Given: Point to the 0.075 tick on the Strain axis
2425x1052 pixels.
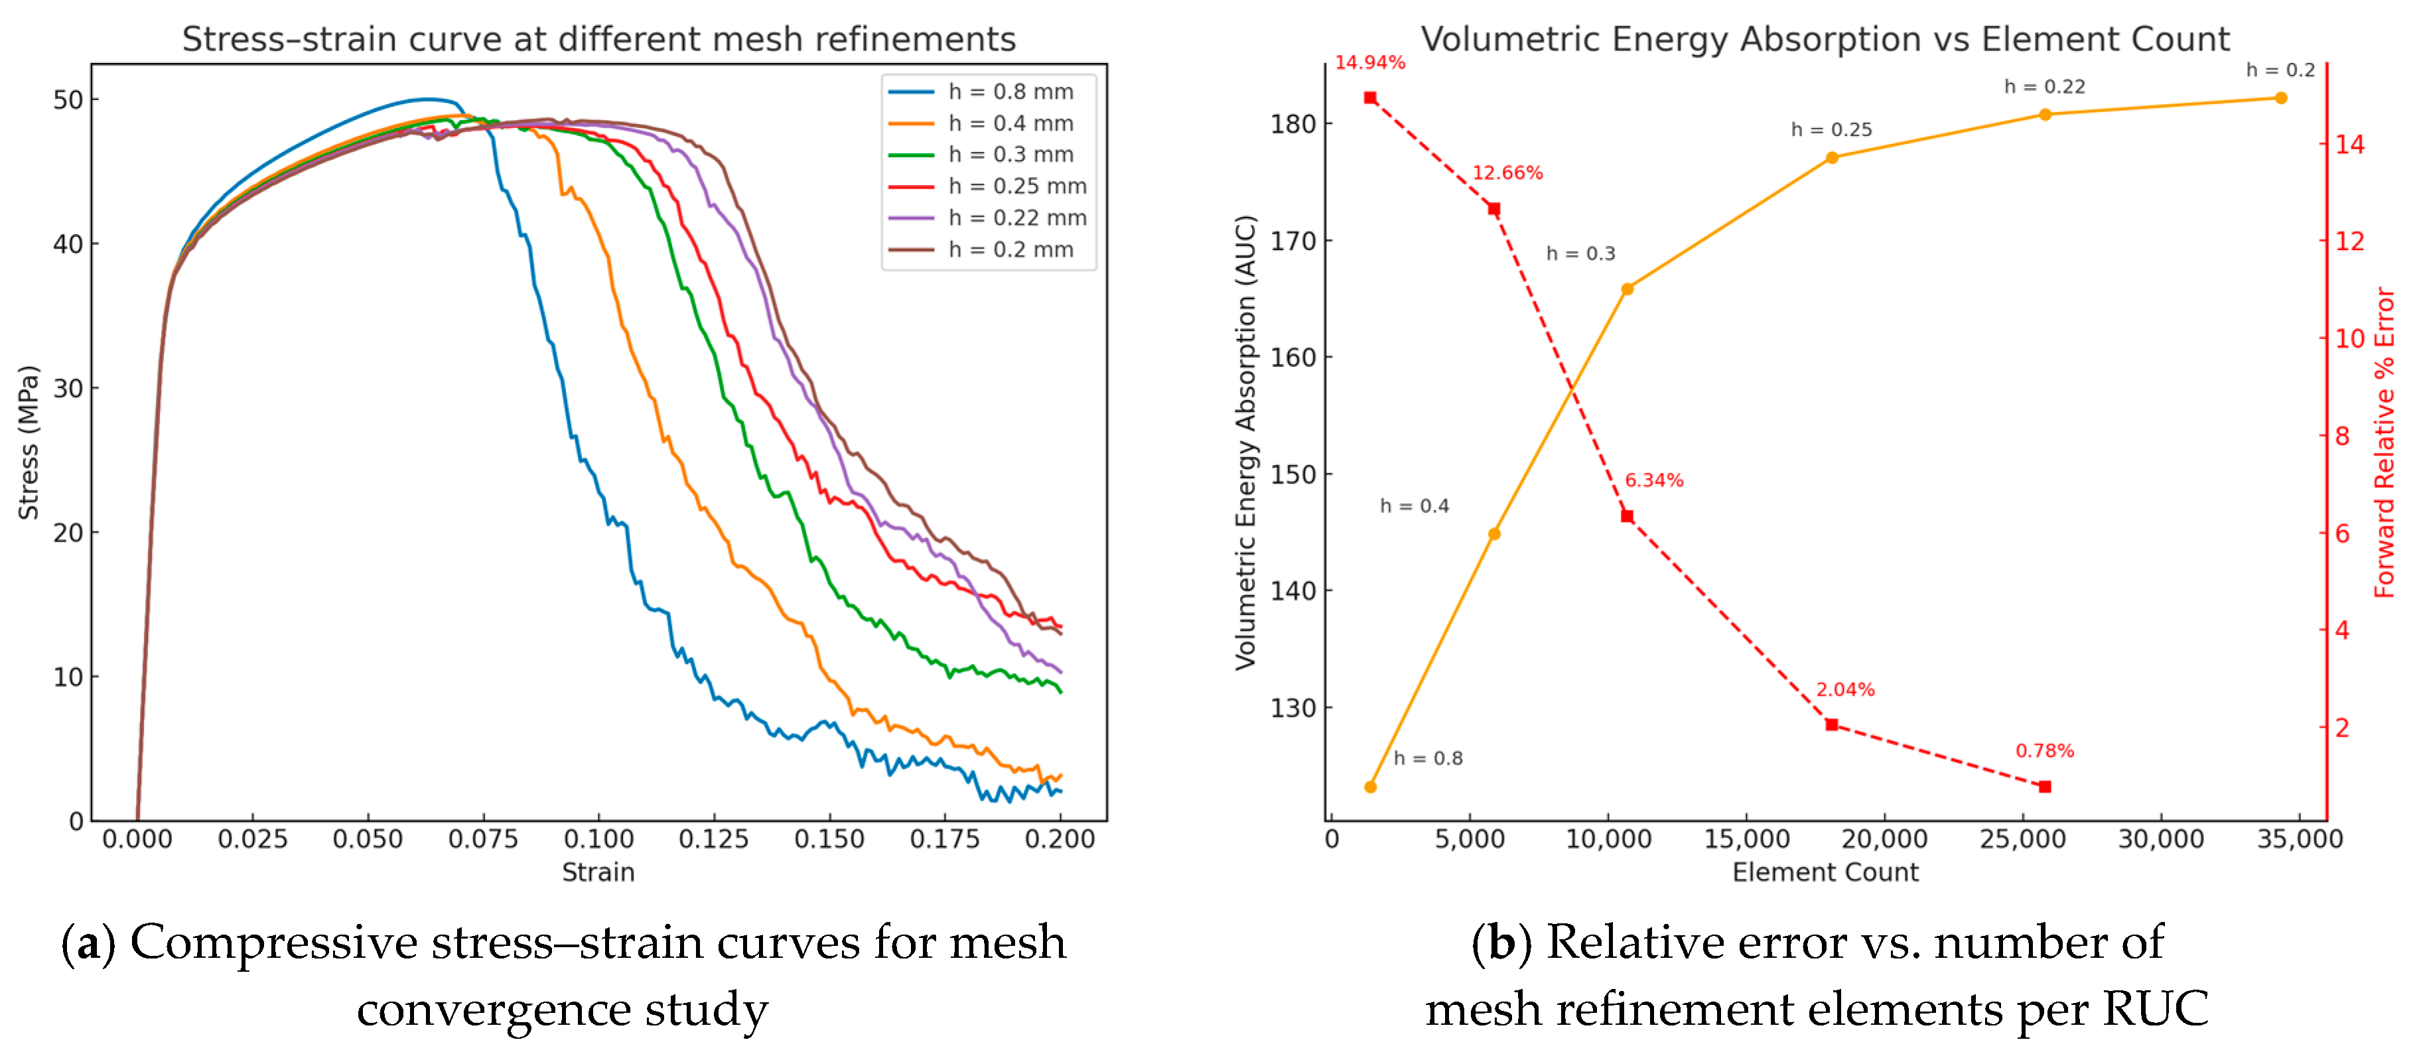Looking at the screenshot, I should (x=483, y=838).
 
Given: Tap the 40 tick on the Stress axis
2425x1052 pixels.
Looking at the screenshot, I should (x=68, y=243).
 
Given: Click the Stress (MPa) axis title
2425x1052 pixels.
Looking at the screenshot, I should (x=29, y=442).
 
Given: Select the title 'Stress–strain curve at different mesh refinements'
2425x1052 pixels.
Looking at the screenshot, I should (x=598, y=40).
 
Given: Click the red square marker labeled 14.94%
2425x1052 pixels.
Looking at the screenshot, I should (x=1369, y=98).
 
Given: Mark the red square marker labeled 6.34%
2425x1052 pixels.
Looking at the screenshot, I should (x=1627, y=515).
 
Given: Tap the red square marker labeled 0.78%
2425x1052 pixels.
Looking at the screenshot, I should (x=2045, y=787).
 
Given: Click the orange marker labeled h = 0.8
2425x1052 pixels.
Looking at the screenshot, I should (x=1369, y=787).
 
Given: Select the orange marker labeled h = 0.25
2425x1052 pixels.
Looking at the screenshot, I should (x=1832, y=157).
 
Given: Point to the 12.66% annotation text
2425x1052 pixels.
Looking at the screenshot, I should (x=1507, y=173).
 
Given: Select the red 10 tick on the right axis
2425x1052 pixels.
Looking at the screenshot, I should (x=2349, y=338).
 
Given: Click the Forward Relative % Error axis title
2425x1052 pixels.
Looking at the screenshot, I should (x=2384, y=442).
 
